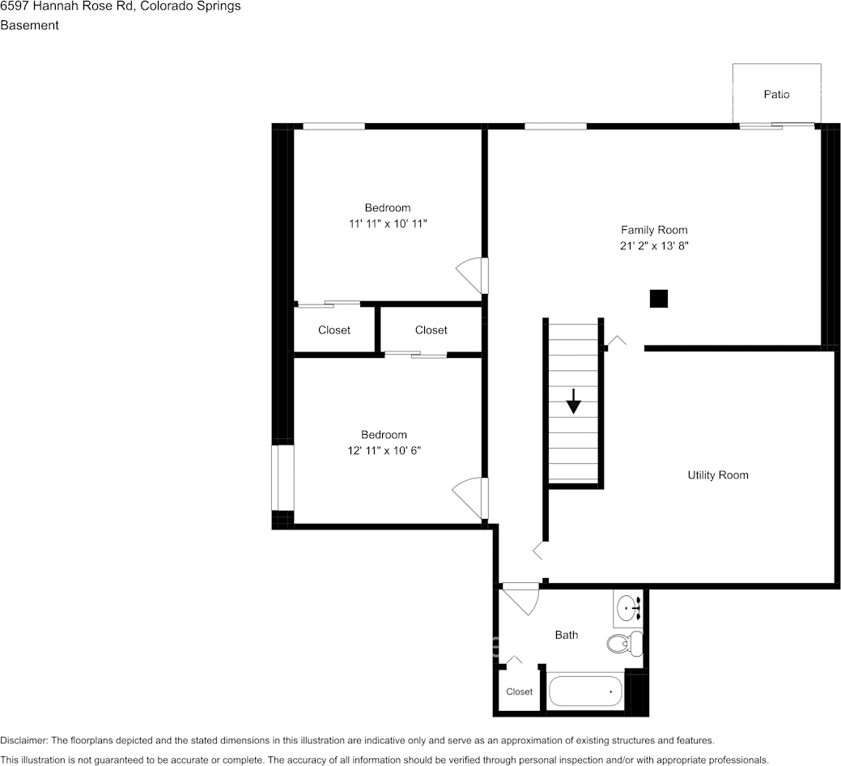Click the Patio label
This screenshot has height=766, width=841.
[x=776, y=95]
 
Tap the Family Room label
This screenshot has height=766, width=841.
[x=654, y=230]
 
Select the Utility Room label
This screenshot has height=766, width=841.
[x=718, y=475]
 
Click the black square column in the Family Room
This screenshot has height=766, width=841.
[x=659, y=299]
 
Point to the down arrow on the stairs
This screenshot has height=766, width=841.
[x=573, y=402]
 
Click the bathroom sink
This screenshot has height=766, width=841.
[x=628, y=607]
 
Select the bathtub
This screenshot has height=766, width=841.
[x=585, y=692]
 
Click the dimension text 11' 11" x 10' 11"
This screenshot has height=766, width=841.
[x=387, y=223]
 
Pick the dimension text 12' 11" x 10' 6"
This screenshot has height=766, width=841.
[x=384, y=450]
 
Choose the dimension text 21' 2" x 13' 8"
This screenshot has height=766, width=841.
[x=654, y=245]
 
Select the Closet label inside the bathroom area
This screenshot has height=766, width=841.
[x=520, y=692]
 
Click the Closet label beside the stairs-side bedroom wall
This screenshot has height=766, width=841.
[x=431, y=330]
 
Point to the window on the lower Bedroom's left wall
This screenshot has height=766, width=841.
[x=282, y=478]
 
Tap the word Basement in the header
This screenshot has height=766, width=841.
[x=29, y=25]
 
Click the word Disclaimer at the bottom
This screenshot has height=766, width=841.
[x=23, y=741]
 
